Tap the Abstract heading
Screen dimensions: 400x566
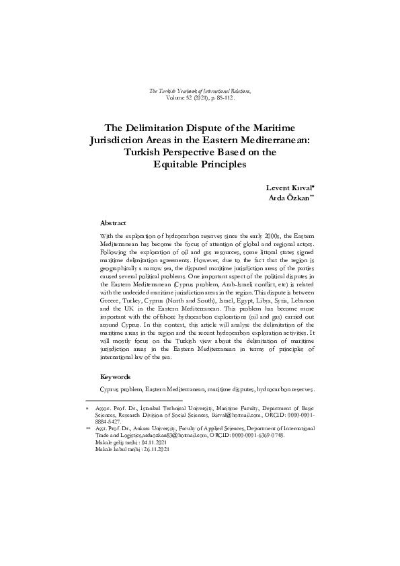tap(112, 223)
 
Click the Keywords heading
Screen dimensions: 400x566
tap(115, 378)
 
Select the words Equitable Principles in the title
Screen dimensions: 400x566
tap(200, 165)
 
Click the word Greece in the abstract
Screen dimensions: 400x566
tap(113, 304)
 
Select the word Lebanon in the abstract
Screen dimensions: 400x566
tap(301, 304)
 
